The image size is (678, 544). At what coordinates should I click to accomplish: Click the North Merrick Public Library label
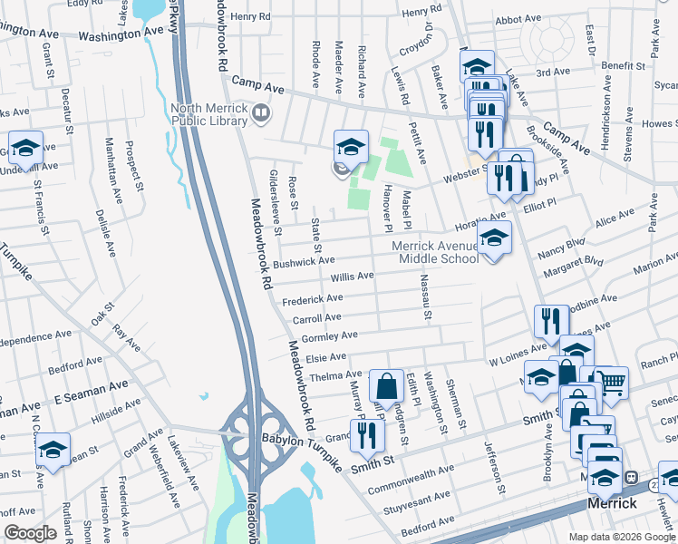coord(209,121)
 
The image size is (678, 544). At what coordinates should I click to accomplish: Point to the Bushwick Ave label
coord(305,262)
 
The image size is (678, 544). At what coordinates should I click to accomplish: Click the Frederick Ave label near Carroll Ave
coord(312,298)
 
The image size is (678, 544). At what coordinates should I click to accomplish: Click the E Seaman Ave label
coord(91,392)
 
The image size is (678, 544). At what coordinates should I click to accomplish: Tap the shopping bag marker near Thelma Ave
coord(386,384)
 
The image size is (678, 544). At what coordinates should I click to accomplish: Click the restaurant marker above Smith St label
coord(368,435)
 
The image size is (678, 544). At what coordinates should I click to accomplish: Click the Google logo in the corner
coord(30,533)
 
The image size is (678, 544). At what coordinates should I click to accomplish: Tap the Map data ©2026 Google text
coord(622,537)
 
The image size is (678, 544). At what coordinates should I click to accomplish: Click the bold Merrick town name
coord(612,502)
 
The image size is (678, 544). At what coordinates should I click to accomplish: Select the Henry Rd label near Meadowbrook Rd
coord(250,17)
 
